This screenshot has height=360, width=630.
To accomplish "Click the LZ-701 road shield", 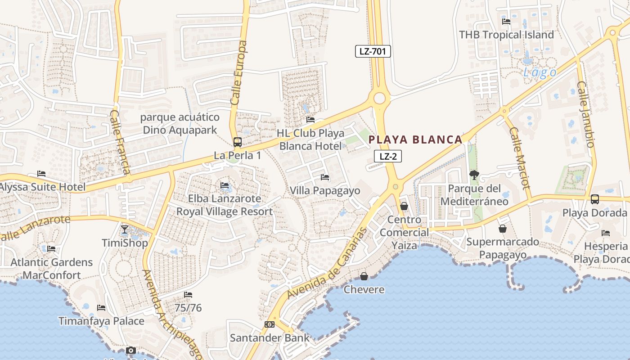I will point(373,51).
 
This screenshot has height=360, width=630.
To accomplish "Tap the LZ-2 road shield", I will point(387,156).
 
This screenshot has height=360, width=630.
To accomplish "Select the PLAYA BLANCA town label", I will point(415,139).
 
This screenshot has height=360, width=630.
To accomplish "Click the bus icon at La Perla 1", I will point(238,142).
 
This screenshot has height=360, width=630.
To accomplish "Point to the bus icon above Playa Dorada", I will point(594,199).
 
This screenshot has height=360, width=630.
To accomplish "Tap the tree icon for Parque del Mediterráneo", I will point(474,175).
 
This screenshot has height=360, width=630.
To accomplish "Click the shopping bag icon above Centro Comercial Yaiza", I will point(404,206).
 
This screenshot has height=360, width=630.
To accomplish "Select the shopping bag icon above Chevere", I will point(364,276).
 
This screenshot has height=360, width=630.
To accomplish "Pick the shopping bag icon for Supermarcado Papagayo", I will point(502,229).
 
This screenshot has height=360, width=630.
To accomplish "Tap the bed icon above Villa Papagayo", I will point(324,177).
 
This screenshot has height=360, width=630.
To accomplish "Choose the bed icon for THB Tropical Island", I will point(506,21).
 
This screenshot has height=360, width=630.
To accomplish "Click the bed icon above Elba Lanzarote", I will point(224,185).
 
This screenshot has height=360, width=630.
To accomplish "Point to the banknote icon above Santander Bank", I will point(270,324).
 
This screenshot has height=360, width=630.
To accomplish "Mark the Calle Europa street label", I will point(239,73).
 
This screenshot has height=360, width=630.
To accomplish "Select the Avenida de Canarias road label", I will point(327,263).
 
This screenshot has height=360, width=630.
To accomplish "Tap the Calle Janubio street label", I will point(585,114).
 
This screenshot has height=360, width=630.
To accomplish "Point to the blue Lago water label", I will point(540,72).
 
